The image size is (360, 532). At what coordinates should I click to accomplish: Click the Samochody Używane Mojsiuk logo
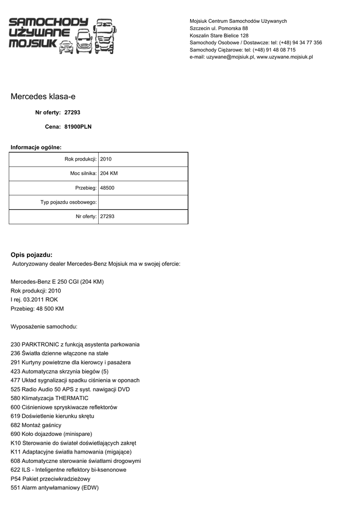click(x=62, y=35)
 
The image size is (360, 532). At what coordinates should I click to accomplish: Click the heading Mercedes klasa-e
click(x=46, y=97)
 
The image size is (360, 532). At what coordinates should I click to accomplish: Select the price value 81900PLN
click(x=78, y=126)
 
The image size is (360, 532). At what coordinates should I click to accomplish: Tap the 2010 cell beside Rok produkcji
click(x=106, y=159)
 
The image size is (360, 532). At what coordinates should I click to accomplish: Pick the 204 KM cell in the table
click(x=109, y=174)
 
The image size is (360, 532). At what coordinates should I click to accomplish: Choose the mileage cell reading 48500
click(x=107, y=188)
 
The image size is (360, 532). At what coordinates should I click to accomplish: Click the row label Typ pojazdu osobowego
click(x=69, y=202)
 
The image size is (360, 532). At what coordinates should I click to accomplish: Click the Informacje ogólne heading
click(x=36, y=148)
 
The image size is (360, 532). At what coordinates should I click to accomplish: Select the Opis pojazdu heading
click(x=32, y=255)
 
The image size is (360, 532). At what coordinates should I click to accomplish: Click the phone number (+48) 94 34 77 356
click(x=300, y=43)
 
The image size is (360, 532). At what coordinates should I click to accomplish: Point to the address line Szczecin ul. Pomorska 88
click(x=219, y=28)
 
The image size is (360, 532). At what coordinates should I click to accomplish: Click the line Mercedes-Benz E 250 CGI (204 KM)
click(x=57, y=282)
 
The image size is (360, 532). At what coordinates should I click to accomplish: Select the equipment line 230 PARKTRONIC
click(x=75, y=344)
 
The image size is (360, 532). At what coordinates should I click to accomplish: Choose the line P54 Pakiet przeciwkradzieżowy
click(x=50, y=478)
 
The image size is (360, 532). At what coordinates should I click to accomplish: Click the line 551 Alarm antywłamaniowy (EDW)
click(x=55, y=488)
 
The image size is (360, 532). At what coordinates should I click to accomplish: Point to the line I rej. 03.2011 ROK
click(x=34, y=300)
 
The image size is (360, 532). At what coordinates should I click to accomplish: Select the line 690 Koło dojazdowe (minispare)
click(x=51, y=434)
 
